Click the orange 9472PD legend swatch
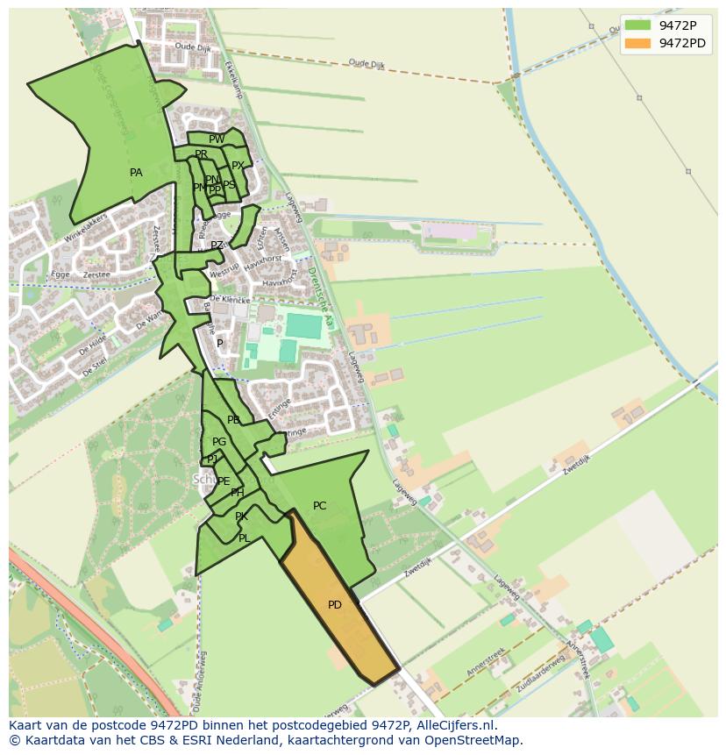637,43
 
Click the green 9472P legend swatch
637,25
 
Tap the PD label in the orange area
335,605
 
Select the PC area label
319,506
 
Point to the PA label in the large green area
136,173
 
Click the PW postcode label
217,139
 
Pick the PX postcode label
238,166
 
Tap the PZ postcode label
217,246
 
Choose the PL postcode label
244,538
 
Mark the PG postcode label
219,442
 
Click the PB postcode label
233,420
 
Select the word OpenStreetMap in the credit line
479,740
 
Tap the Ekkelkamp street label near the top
232,83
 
